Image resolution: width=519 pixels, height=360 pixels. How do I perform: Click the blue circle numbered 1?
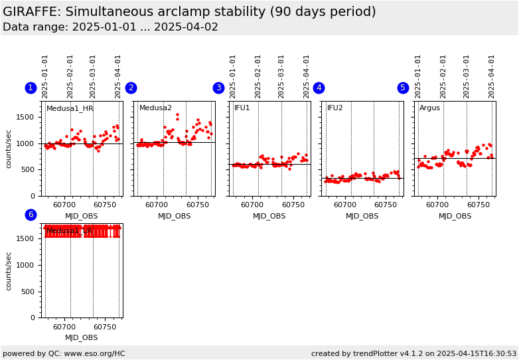[x=31, y=88]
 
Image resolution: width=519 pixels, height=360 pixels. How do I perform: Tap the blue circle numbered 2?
[x=131, y=88]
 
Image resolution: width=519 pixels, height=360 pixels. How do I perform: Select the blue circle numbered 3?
[x=218, y=88]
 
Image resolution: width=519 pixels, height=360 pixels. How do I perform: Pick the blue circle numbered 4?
[x=319, y=88]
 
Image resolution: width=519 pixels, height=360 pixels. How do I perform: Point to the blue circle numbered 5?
[x=403, y=88]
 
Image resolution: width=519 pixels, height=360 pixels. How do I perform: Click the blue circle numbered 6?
[x=31, y=215]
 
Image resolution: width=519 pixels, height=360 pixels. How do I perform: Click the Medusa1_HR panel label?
[x=70, y=108]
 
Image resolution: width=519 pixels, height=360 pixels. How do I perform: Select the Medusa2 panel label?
[x=155, y=108]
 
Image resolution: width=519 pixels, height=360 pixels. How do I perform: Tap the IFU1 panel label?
[x=242, y=108]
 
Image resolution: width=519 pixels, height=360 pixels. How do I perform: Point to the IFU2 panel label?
[x=335, y=108]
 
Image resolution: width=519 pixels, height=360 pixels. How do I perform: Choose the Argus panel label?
[x=429, y=108]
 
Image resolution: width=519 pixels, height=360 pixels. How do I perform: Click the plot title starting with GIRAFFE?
[x=189, y=12]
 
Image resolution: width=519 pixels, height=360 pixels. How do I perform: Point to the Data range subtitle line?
[x=110, y=27]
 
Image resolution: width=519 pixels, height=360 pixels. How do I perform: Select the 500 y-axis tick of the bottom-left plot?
[x=30, y=292]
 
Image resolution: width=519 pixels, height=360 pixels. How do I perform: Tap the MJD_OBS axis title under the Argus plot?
[x=455, y=216]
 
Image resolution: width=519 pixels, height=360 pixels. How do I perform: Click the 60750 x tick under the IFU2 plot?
[x=385, y=205]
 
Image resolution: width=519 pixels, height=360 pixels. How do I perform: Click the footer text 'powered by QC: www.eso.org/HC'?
[x=64, y=353]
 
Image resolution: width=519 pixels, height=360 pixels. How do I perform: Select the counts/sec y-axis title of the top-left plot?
[x=9, y=149]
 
